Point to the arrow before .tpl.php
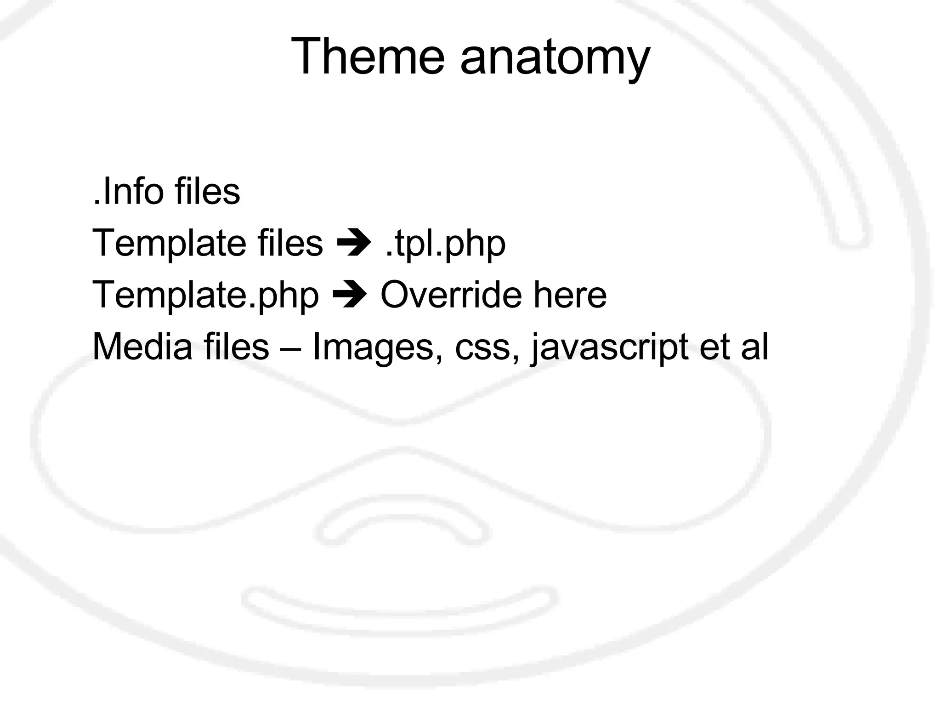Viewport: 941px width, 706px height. [354, 244]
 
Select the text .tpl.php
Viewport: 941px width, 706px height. [445, 245]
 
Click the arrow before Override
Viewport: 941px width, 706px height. [350, 296]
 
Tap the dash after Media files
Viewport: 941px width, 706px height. [290, 348]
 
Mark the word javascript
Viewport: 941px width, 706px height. [610, 348]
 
